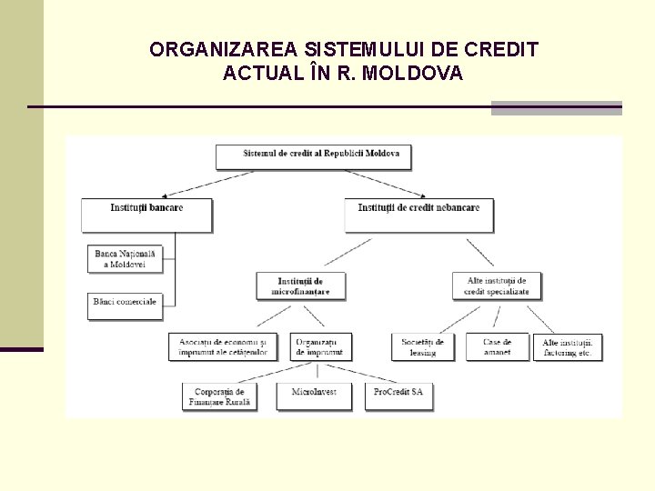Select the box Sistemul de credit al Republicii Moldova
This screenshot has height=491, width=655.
pos(314,155)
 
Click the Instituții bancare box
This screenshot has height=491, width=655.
pos(146,215)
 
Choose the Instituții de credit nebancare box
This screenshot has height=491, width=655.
pos(418,215)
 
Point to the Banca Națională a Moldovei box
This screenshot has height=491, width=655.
pos(126,258)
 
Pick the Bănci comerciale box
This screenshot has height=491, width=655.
pos(126,306)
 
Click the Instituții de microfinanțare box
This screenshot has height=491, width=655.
pos(300,286)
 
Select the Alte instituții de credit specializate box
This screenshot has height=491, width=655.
pos(496,286)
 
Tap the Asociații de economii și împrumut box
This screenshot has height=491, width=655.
pos(223,346)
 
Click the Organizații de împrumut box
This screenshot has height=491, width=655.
pos(320,346)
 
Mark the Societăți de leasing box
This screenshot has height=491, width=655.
pos(423,346)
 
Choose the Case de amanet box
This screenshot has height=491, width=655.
pos(497,346)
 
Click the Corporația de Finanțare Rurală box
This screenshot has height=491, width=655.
pos(219,396)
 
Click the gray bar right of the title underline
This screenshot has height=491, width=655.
pos(556,108)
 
